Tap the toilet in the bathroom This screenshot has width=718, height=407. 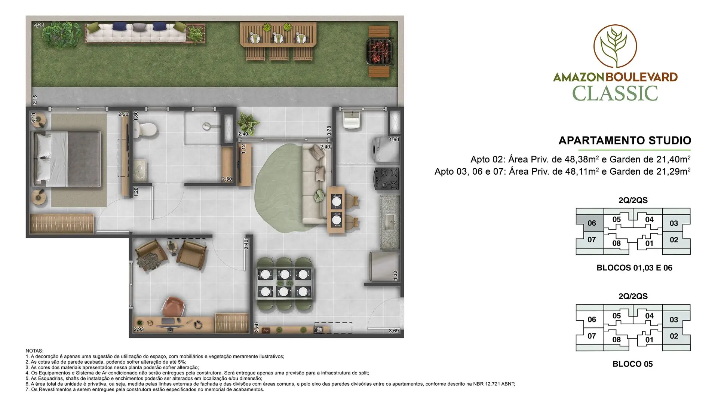[x=144, y=129]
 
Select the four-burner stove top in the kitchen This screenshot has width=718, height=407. [x=386, y=179]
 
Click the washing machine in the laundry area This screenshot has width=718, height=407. [x=385, y=150]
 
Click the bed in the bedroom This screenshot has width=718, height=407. [x=67, y=159]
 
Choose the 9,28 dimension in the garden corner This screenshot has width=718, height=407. [x=39, y=25]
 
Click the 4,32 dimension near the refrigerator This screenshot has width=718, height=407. [x=395, y=276]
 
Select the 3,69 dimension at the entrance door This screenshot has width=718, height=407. [x=394, y=331]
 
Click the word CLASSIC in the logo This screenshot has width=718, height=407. [x=615, y=94]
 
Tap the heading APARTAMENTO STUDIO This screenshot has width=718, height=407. [x=625, y=141]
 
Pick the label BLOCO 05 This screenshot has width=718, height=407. [x=633, y=364]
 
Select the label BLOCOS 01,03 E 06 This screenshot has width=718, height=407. [x=634, y=268]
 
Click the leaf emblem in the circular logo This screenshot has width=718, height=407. [x=615, y=46]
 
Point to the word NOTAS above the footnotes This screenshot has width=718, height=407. [x=34, y=351]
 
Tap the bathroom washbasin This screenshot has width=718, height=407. [x=141, y=170]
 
